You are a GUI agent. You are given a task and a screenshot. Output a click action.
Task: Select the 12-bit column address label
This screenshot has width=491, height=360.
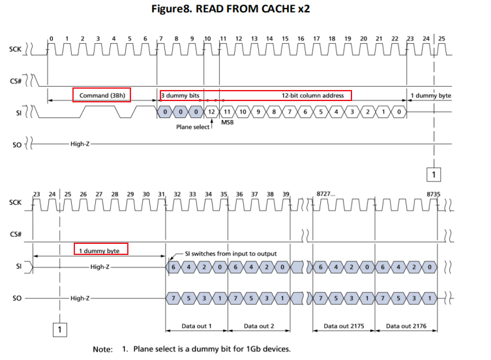click(x=312, y=95)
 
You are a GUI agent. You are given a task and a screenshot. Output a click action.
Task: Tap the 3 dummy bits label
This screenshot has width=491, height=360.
click(x=180, y=95)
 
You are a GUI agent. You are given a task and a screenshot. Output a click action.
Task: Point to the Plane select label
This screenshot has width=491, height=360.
click(x=193, y=127)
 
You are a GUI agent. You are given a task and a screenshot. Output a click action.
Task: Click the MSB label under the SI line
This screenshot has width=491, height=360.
click(x=227, y=123)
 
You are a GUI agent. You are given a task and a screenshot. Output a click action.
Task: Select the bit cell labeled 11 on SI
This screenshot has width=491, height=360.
click(x=226, y=112)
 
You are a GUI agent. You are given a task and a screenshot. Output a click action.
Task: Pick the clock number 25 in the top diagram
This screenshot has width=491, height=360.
click(x=441, y=39)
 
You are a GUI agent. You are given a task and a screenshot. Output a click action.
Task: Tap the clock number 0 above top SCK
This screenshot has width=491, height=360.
click(x=51, y=39)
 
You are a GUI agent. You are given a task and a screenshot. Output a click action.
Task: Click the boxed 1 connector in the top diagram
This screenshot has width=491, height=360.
click(x=434, y=174)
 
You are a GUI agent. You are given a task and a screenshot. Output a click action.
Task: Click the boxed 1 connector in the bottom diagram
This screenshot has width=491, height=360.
click(x=59, y=330)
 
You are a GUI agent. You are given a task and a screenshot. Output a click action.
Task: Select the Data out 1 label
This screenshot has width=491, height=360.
click(x=196, y=325)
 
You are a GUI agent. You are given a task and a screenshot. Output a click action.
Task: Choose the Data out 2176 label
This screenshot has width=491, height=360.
click(x=406, y=325)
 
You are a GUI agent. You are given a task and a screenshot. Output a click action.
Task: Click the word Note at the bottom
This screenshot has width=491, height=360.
click(x=103, y=350)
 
